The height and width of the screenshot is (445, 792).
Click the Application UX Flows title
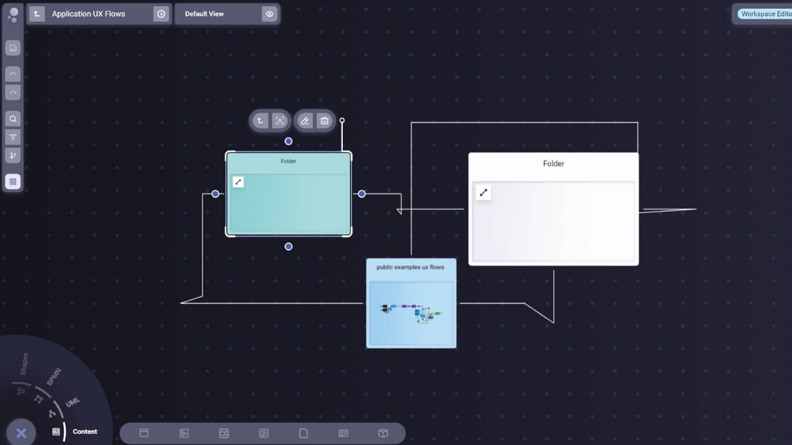coord(88,14)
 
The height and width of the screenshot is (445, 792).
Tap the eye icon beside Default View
coord(269,14)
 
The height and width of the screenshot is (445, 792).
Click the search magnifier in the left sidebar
coord(13,119)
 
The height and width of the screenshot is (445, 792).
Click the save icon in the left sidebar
coord(13,48)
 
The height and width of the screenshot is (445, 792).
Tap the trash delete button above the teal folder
coord(324,121)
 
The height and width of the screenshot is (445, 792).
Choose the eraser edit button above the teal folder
coord(305,121)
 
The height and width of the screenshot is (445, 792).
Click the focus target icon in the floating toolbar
coord(280,121)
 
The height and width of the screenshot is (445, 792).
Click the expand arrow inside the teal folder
coord(238,182)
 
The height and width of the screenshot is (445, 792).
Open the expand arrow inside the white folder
coord(483,193)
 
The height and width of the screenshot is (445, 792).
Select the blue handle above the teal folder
coord(288,142)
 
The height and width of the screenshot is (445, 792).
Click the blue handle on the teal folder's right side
coord(362,194)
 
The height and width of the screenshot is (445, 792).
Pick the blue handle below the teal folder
coord(288,247)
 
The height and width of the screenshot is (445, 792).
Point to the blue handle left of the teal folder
coord(215,194)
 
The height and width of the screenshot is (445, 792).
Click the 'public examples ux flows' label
coord(410,268)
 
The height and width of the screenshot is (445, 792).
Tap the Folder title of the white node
coord(554,164)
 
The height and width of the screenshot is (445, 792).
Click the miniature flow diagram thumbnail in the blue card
coord(411,313)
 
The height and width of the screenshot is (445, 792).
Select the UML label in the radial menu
coord(73,402)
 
